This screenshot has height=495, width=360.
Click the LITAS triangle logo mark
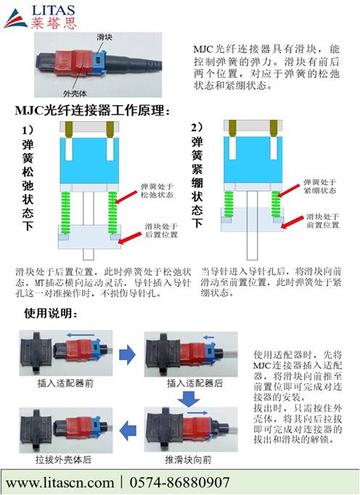pos(15,20)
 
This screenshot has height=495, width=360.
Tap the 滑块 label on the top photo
pos(105,37)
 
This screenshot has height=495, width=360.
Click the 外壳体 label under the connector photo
pos(75,94)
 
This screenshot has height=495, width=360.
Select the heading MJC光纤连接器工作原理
pos(92,110)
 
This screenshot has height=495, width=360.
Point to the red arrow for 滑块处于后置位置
pos(130,238)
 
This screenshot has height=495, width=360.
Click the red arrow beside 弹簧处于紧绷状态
pos(289,191)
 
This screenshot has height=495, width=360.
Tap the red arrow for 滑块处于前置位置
pos(292,223)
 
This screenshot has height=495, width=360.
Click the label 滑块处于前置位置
pos(322,221)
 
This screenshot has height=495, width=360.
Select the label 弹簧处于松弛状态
pos(157,191)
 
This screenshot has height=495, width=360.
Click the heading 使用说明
pos(51,314)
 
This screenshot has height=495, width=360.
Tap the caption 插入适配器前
pos(65,383)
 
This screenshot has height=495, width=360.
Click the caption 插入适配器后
pos(195,383)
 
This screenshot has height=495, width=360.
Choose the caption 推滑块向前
pos(188,459)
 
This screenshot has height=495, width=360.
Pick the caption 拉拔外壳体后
pos(63,459)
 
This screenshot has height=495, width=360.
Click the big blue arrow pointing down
pos(189,398)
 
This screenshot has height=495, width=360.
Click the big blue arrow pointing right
pos(127,354)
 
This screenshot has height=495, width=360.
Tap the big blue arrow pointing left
pos(128,430)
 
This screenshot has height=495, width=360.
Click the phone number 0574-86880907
pos(179,483)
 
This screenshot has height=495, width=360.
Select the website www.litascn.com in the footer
pos(60,483)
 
